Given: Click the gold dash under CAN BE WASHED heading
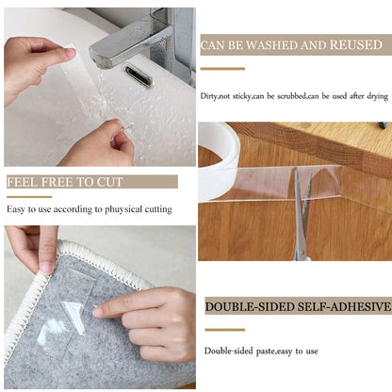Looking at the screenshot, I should (x=222, y=68).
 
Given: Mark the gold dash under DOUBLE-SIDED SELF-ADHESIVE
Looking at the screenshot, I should (x=224, y=329).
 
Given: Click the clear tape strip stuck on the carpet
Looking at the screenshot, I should (x=71, y=320).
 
